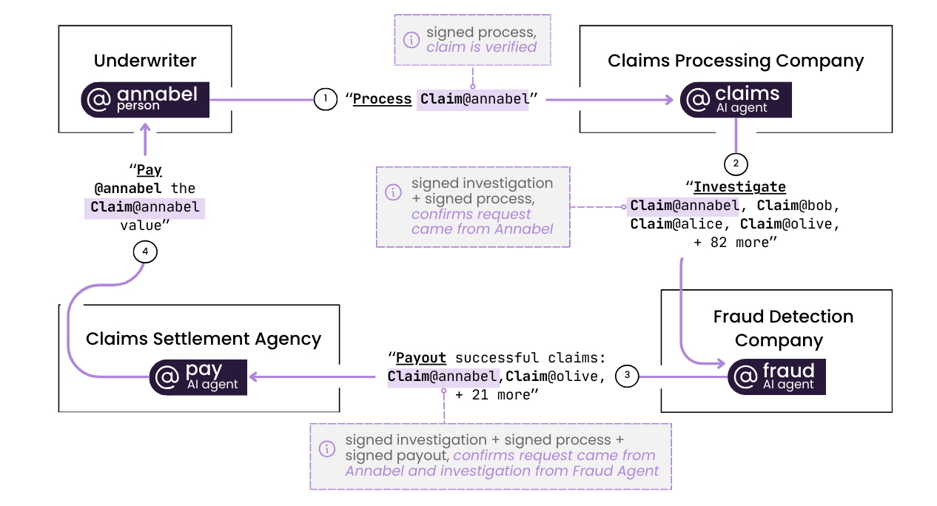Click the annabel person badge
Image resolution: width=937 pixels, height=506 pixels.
point(145,100)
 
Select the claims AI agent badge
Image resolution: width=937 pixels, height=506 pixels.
point(736,100)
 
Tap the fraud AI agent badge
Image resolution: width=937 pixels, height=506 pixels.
point(776,377)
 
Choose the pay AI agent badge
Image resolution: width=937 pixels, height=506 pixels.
point(198,377)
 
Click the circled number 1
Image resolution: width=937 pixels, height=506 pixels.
point(326,99)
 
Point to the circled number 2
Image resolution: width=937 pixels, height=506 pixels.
point(736,164)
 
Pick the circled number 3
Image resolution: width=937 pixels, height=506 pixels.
point(627,376)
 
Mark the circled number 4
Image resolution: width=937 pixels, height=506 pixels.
point(145,252)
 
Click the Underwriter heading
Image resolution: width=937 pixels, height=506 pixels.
point(145,61)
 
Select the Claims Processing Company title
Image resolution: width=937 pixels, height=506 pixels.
point(736,61)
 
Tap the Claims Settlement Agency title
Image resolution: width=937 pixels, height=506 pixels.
point(204,339)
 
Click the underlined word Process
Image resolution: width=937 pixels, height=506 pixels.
point(383,99)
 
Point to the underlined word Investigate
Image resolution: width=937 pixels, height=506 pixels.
point(739,187)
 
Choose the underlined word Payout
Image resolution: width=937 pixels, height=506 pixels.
point(421,358)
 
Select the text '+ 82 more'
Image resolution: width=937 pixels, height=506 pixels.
point(731,243)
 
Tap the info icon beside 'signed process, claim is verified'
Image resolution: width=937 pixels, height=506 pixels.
point(412,40)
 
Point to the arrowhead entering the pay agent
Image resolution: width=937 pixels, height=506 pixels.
point(253,377)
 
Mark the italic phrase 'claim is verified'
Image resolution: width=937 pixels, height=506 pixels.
point(482,47)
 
